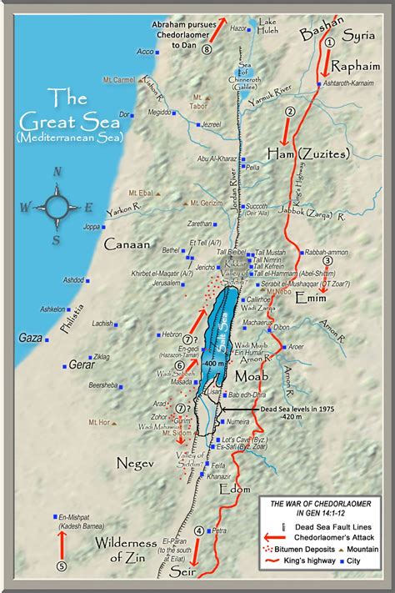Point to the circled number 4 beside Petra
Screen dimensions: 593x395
(198, 530)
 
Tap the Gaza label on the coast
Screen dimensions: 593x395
(29, 338)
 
